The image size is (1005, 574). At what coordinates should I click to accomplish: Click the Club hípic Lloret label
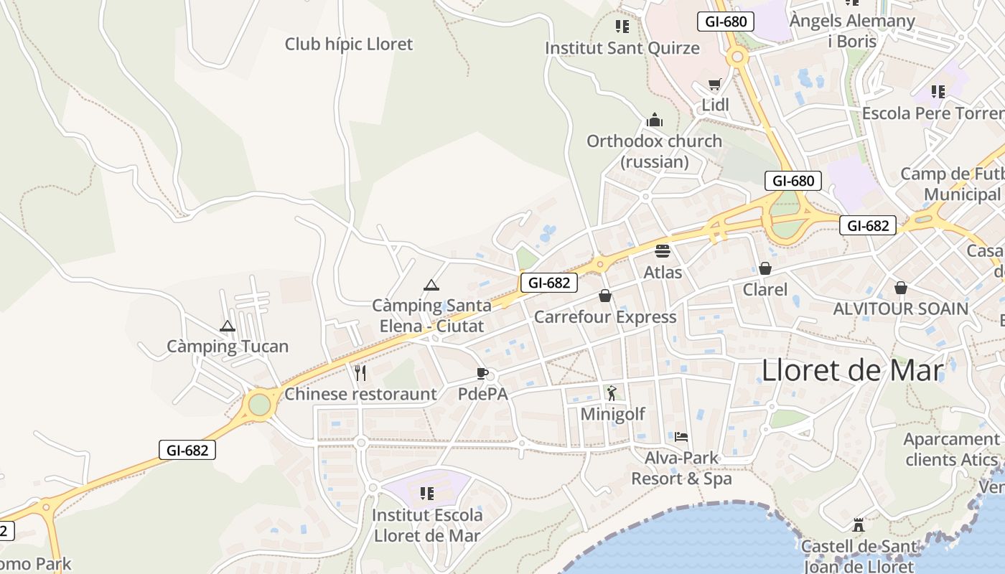(349, 44)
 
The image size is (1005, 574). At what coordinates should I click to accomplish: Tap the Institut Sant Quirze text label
(622, 48)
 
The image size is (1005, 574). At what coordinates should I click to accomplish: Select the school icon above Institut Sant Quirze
(622, 27)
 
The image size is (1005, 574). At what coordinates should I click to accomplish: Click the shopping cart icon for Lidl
(714, 85)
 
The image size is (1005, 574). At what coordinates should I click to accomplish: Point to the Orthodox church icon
(654, 120)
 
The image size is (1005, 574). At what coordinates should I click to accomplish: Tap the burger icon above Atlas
(662, 251)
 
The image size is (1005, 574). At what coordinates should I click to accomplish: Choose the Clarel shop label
(765, 290)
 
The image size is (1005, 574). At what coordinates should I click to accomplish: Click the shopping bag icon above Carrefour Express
(605, 296)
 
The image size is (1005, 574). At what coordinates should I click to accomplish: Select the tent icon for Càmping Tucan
(228, 326)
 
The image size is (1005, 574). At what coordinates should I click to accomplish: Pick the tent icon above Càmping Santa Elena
(431, 286)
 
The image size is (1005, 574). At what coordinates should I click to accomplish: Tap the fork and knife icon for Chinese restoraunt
(360, 372)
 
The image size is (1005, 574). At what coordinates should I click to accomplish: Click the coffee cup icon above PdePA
(482, 373)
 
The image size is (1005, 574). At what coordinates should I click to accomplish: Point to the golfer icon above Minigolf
(612, 392)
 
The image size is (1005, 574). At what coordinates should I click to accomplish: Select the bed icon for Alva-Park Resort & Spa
(681, 436)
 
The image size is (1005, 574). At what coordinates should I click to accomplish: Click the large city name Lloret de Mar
(852, 370)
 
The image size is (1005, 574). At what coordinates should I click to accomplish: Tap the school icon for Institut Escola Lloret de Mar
(427, 494)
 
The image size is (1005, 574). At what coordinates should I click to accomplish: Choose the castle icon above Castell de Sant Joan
(859, 525)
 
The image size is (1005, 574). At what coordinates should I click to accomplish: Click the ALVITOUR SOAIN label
(900, 309)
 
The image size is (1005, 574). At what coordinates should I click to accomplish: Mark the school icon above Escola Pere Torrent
(938, 92)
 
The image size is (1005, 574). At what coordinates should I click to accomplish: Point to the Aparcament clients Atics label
(951, 449)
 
